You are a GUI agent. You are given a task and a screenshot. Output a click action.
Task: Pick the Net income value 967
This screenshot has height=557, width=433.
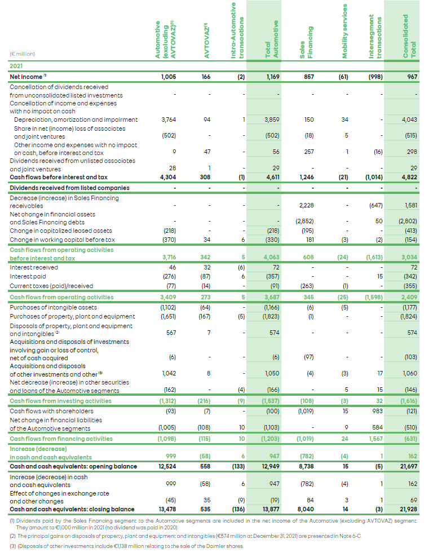click(411, 76)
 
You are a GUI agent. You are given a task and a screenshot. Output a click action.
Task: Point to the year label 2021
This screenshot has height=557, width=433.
click(17, 66)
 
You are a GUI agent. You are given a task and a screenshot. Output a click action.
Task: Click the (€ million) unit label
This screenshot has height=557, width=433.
click(23, 54)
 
